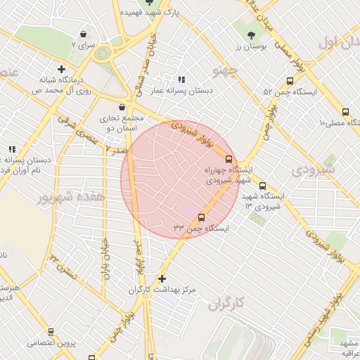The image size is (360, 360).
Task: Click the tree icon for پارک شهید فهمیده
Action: click(149, 3)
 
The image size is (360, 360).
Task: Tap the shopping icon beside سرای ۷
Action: click(84, 34)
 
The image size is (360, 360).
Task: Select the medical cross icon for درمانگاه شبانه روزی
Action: click(62, 70)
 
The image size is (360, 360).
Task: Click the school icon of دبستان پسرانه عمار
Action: click(181, 80)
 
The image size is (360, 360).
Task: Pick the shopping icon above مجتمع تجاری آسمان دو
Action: click(123, 108)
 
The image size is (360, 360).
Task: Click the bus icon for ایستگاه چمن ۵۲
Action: click(290, 82)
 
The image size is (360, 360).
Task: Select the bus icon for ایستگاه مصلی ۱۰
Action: click(345, 112)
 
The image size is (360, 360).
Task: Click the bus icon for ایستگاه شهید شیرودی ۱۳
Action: click(262, 186)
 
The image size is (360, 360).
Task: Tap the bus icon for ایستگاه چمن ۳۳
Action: click(202, 217)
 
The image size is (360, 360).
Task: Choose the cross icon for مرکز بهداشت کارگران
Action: click(162, 278)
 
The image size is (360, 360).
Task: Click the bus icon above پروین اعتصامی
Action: click(51, 332)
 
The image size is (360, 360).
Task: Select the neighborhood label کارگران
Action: click(226, 304)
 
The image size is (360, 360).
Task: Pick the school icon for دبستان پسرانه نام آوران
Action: click(12, 149)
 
